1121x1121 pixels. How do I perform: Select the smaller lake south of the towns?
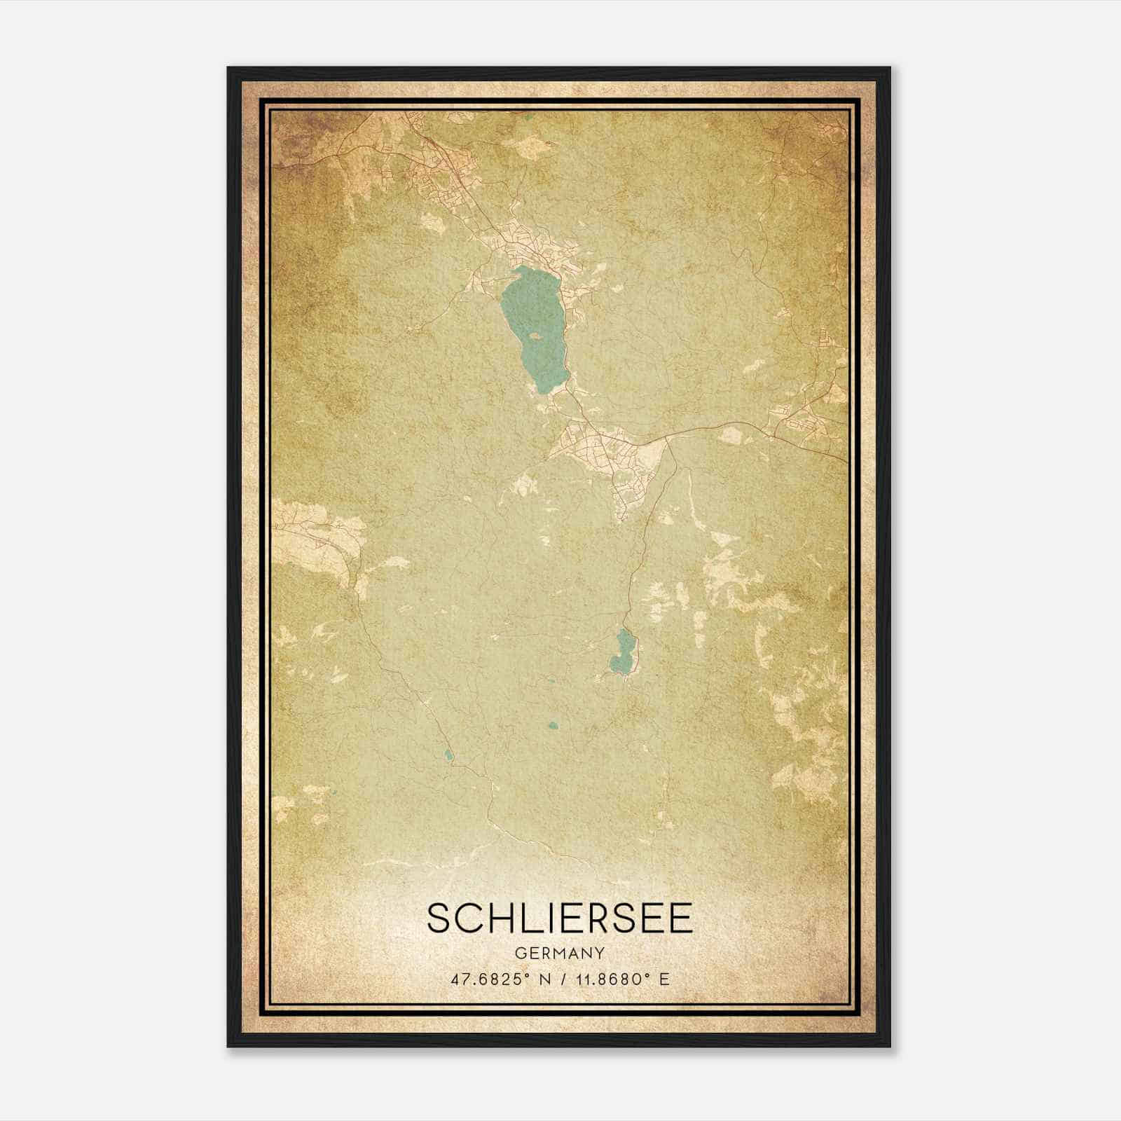click(622, 652)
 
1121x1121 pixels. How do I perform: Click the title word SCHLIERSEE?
click(560, 919)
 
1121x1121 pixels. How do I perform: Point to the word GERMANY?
click(560, 954)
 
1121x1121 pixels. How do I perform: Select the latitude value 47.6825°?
click(488, 979)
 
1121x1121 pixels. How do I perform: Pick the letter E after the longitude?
click(664, 979)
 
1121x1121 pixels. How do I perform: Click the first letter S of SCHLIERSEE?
click(439, 919)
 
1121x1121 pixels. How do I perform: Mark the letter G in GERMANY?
click(520, 954)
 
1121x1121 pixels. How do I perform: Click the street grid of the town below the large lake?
click(610, 455)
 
